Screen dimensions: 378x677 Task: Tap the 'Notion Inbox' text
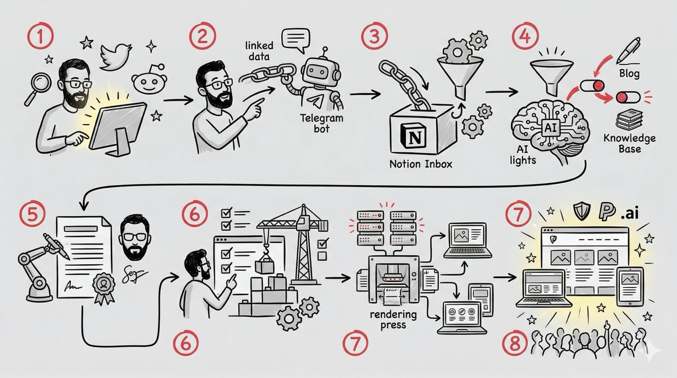point(420,164)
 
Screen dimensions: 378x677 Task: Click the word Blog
point(630,74)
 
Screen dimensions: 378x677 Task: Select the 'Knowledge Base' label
point(629,143)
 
